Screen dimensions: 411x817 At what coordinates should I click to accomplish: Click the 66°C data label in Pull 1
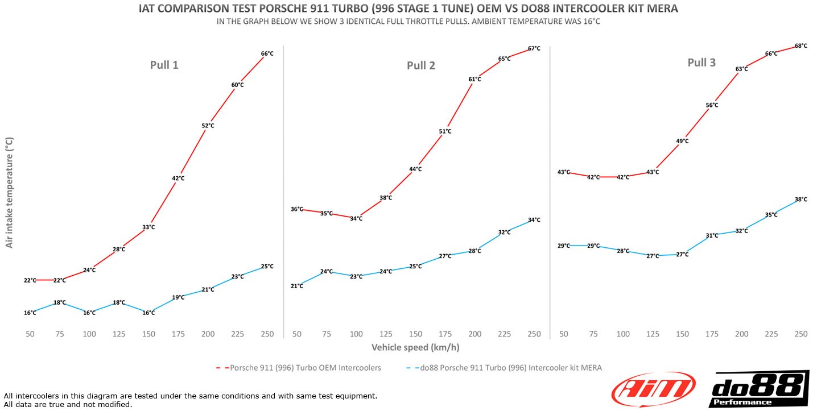(x=267, y=54)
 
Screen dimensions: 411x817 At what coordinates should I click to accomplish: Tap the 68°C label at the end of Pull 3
(x=801, y=45)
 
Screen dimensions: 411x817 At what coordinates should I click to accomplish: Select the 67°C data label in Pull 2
(x=534, y=49)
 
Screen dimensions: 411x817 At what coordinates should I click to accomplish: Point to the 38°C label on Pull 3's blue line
(x=801, y=200)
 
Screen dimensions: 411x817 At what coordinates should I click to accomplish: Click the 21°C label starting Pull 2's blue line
(x=297, y=286)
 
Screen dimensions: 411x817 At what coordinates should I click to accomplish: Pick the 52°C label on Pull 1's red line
(x=208, y=126)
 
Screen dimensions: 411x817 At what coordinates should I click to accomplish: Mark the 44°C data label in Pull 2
(x=415, y=169)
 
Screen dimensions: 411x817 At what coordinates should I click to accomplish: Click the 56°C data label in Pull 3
(x=712, y=105)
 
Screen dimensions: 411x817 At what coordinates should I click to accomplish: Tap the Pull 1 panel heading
(x=164, y=65)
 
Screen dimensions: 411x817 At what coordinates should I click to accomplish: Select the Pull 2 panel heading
(x=421, y=65)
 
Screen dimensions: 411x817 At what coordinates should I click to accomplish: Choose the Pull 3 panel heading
(x=702, y=63)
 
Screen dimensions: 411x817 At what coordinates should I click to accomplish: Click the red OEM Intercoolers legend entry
(x=299, y=368)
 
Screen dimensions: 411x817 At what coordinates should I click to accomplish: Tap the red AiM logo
(x=653, y=389)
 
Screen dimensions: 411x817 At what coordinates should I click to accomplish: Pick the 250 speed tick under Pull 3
(x=801, y=334)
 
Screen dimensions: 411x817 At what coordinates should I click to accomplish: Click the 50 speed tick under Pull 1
(x=30, y=334)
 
